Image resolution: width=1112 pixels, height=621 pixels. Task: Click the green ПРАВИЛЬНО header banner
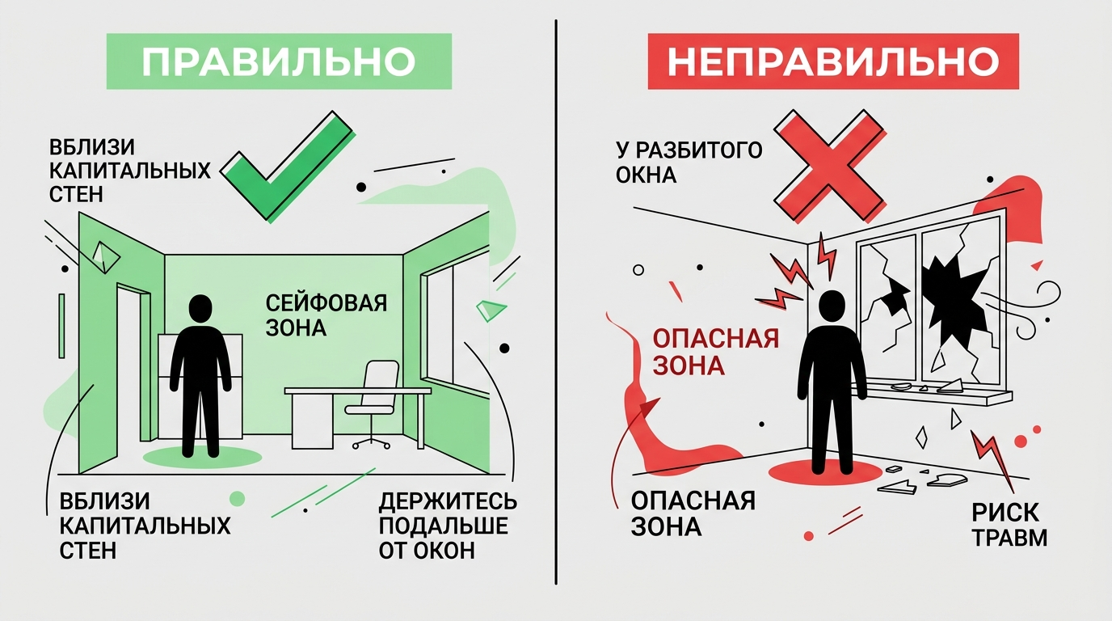[x=279, y=61]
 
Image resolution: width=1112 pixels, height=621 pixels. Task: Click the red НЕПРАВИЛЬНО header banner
[x=833, y=61]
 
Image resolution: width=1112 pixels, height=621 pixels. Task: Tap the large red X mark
[x=830, y=166]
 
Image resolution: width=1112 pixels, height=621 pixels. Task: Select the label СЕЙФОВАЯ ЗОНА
[x=326, y=315]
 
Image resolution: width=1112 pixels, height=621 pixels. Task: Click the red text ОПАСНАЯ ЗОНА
[x=715, y=352]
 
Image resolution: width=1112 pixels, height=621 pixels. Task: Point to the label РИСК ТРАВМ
[x=1009, y=525]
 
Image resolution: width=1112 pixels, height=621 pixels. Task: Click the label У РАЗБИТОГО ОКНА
[x=689, y=163]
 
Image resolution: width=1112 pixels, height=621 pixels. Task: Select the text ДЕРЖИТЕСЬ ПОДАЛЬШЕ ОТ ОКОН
[x=448, y=526]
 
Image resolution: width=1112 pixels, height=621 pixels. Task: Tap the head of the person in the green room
[x=200, y=308]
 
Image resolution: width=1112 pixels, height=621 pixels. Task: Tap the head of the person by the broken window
[x=831, y=305]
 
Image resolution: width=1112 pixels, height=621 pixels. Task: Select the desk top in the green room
[x=357, y=391]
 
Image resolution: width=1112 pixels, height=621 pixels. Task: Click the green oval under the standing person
[x=202, y=457]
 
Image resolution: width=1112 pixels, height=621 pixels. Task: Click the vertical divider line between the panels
[x=556, y=302]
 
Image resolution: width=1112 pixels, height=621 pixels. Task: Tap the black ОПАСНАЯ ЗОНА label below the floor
[x=693, y=513]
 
